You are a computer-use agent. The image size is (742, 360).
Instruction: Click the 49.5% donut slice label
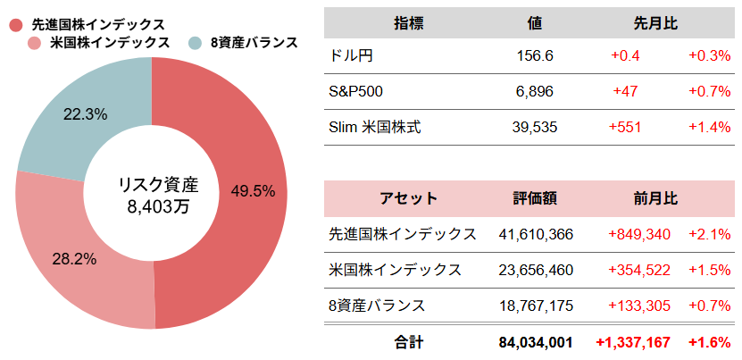pos(253,190)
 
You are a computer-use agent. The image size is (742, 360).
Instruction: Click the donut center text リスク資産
pos(158,185)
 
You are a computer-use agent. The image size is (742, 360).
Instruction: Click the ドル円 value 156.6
pos(535,56)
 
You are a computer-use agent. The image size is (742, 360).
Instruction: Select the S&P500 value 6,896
pos(535,92)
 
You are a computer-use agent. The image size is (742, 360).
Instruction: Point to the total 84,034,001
pos(535,342)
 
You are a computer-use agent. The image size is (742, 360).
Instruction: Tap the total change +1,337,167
pos(633,342)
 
